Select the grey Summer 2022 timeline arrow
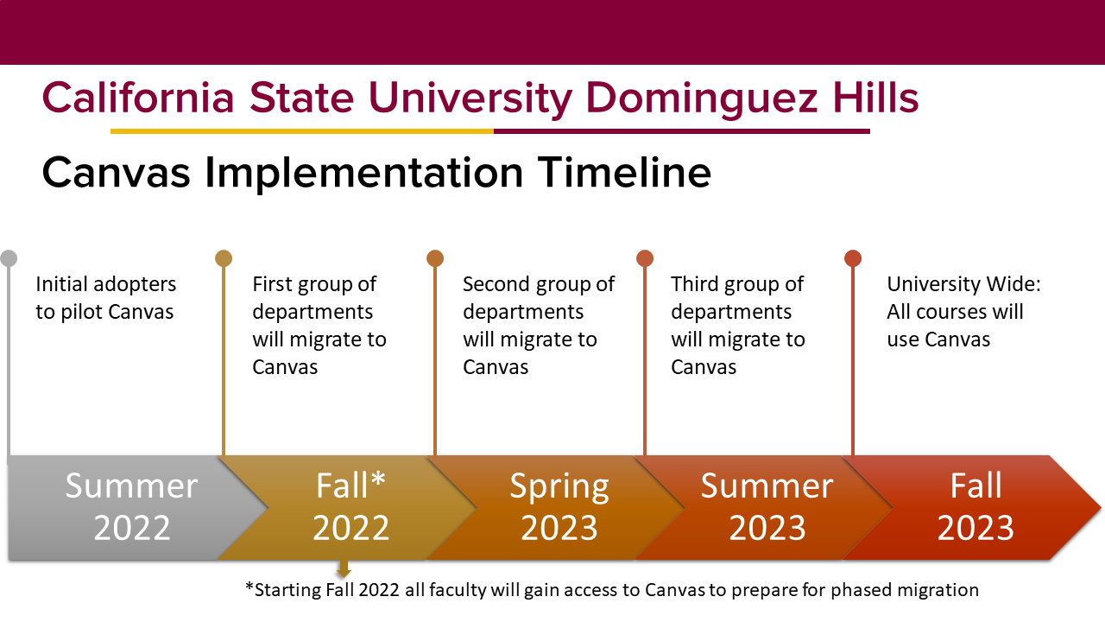tap(133, 507)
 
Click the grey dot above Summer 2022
tap(9, 258)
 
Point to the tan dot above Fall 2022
tap(224, 258)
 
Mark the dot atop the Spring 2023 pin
tap(434, 258)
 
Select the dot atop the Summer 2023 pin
tap(645, 258)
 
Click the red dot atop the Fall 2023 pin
tap(853, 258)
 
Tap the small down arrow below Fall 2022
tap(344, 568)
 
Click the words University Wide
tap(963, 285)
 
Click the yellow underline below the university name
tap(302, 131)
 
